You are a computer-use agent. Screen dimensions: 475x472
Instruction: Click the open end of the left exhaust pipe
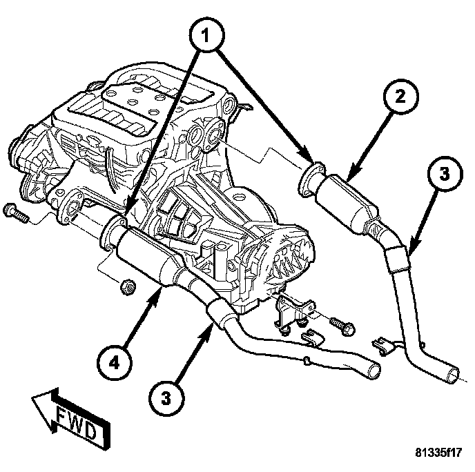pyautogui.click(x=374, y=370)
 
